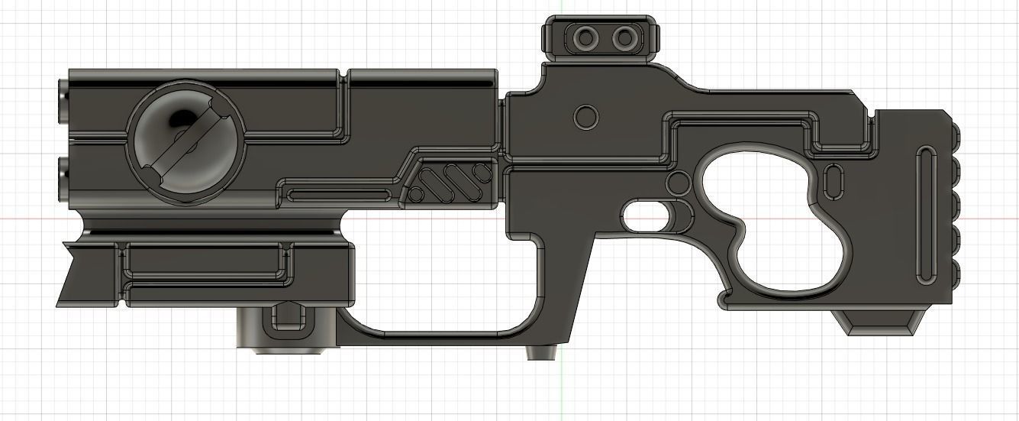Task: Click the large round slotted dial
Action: tap(185, 143)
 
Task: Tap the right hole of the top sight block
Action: tap(624, 37)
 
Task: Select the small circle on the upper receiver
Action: tap(585, 117)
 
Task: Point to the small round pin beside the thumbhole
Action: tap(677, 183)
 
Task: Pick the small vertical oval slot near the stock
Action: tap(833, 183)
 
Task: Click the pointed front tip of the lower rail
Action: tap(60, 245)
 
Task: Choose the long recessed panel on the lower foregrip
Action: tap(205, 264)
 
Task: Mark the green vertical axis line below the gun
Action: tap(563, 390)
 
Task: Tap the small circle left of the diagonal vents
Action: tap(416, 194)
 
